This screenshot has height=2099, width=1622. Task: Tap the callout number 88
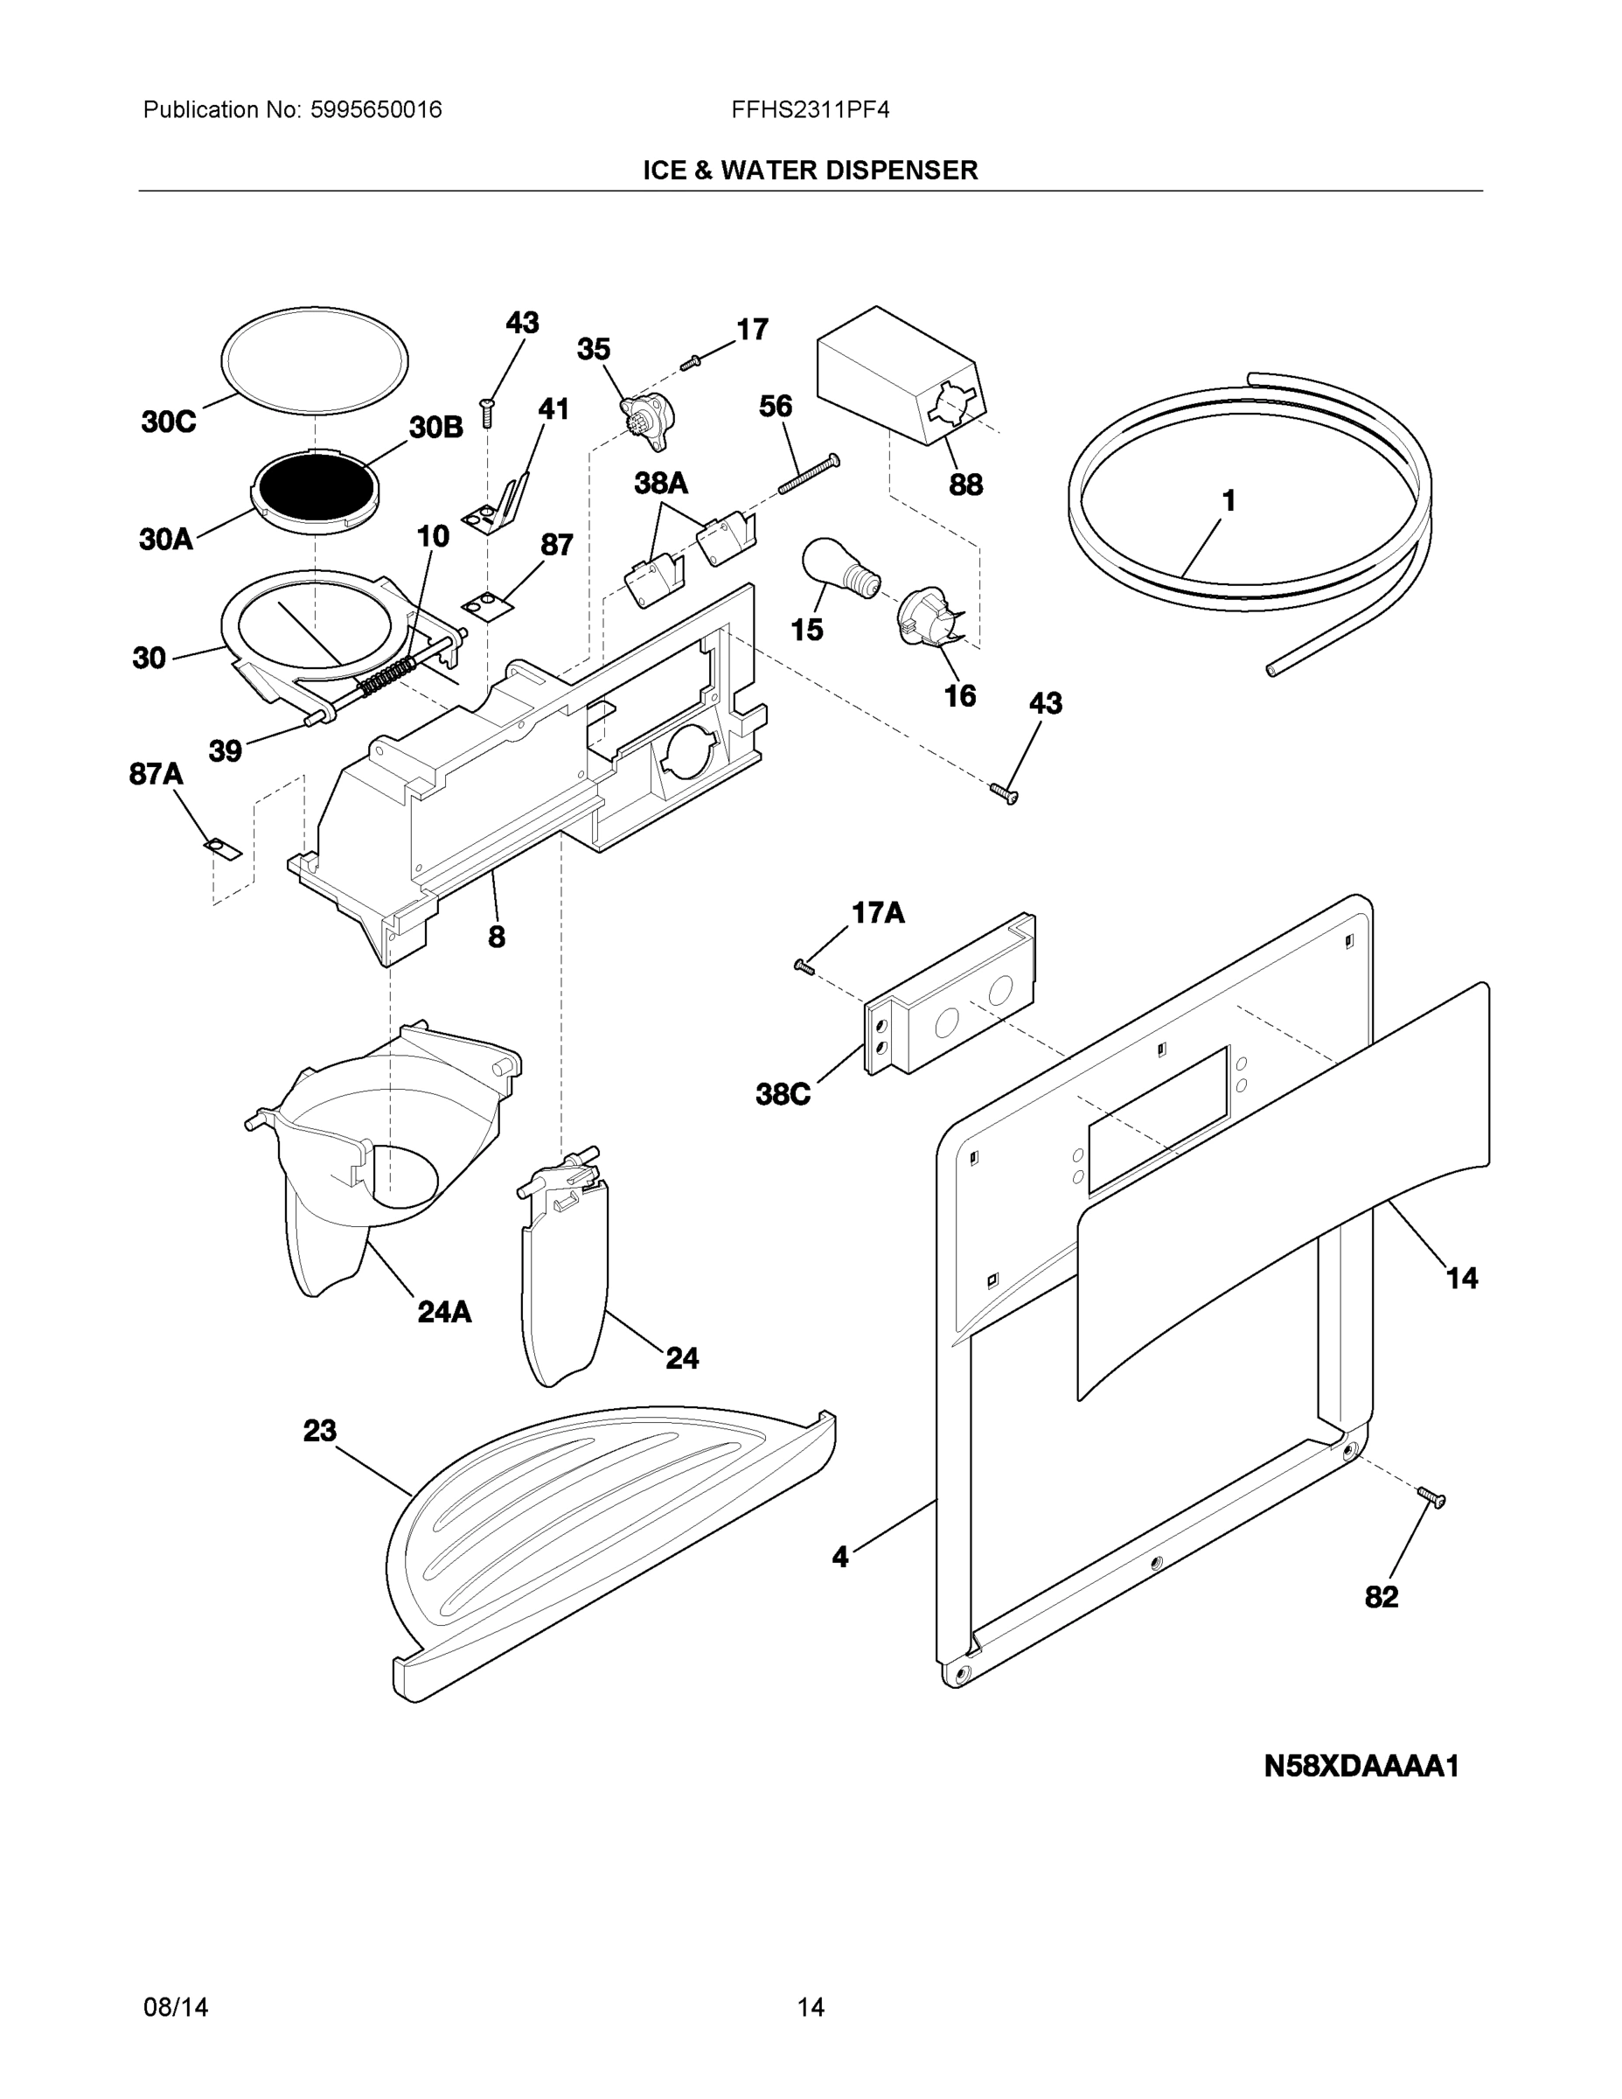(x=965, y=485)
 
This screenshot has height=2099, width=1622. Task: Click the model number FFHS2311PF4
(x=810, y=109)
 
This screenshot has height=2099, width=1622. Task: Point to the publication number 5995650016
(x=376, y=109)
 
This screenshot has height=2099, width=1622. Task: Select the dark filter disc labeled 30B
(x=315, y=486)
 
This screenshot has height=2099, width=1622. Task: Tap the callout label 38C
(x=783, y=1094)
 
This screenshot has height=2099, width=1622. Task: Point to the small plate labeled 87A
(x=222, y=848)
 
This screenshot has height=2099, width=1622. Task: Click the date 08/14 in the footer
(x=176, y=2008)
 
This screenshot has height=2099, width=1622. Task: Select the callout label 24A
(x=444, y=1312)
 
